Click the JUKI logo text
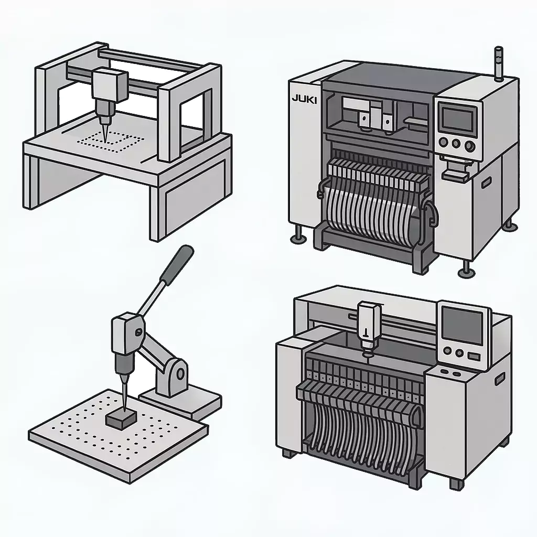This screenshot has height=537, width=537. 304,99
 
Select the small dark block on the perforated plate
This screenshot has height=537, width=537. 122,417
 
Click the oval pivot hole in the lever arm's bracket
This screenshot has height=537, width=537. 180,374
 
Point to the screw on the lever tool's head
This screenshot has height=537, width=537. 137,331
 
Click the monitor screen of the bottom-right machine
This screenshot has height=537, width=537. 462,325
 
